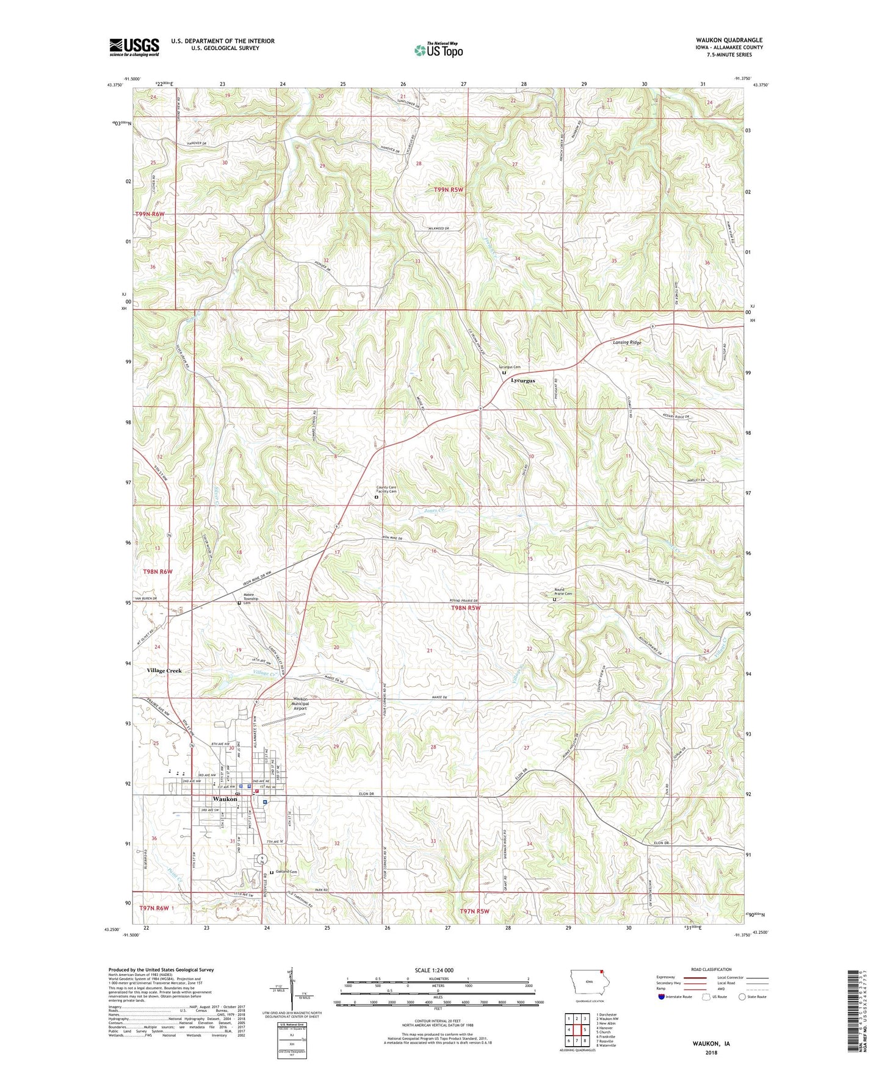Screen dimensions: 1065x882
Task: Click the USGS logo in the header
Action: [x=134, y=47]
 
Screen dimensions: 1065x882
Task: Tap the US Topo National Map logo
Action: [x=438, y=50]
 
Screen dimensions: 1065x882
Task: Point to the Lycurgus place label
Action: [x=522, y=381]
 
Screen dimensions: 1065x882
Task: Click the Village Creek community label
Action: [x=164, y=670]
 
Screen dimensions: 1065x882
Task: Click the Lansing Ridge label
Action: [x=627, y=343]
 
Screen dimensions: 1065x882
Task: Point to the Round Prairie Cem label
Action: [x=563, y=592]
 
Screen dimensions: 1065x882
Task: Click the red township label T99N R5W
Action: [x=449, y=190]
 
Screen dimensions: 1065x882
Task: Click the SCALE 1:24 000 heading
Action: [x=438, y=970]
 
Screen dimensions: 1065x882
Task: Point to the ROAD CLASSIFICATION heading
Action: [x=711, y=969]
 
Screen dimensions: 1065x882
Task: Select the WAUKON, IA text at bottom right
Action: [x=710, y=1044]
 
